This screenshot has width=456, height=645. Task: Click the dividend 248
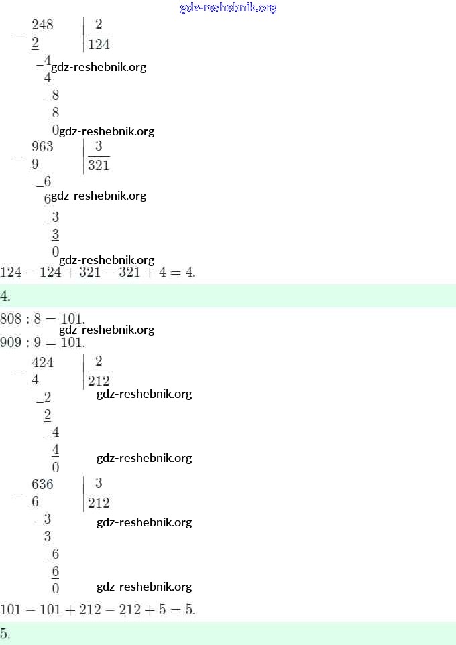[42, 25]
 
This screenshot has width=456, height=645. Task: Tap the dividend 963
[42, 147]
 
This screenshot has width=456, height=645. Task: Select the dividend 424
[42, 363]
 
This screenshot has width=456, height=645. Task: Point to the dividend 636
[42, 484]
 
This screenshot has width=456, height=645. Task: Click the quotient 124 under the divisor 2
[99, 44]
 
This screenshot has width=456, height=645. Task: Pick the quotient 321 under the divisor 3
[99, 165]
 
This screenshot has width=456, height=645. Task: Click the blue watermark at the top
[228, 8]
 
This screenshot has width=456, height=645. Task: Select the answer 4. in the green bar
[5, 296]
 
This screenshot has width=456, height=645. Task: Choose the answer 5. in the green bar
[5, 634]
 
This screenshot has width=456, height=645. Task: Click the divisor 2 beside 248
[99, 25]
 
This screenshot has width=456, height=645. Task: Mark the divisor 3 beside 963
[99, 146]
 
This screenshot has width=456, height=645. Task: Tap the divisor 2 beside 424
[99, 362]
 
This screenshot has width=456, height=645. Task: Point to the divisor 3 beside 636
[99, 484]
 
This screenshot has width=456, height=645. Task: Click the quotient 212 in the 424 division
[99, 382]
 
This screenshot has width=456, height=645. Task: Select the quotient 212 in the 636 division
[99, 503]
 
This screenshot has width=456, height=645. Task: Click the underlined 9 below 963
[35, 165]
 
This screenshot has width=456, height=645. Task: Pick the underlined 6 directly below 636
[35, 502]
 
